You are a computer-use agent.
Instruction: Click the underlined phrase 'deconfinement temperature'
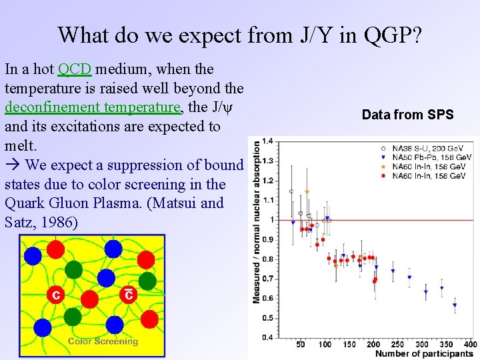(x=93, y=107)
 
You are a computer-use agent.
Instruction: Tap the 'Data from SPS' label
(x=407, y=115)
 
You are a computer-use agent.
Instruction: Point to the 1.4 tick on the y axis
(x=267, y=141)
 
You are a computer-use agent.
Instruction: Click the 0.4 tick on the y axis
(x=267, y=337)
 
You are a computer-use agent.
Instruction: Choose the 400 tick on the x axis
(x=471, y=345)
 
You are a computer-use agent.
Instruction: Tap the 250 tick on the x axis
(x=397, y=345)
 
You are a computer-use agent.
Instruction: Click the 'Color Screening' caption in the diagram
(x=103, y=341)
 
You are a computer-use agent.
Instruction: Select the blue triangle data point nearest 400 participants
(x=455, y=305)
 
